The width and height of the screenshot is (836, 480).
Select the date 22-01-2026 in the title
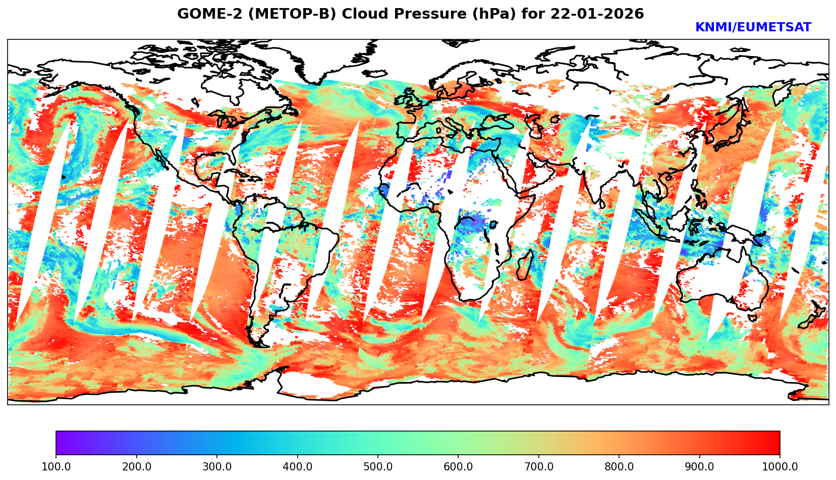[x=597, y=14]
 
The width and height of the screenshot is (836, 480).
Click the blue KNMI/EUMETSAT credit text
[x=753, y=28]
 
